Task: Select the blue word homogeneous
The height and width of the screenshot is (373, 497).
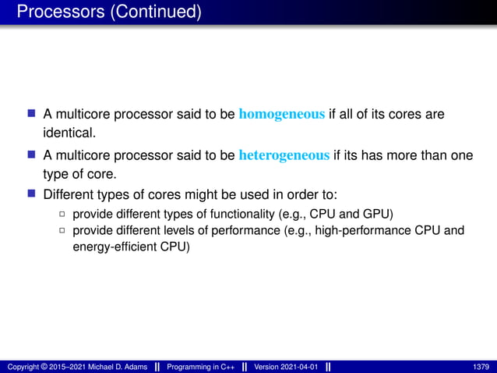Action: (282, 115)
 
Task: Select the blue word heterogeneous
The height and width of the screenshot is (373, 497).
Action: (284, 155)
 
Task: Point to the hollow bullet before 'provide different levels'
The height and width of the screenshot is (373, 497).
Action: (62, 231)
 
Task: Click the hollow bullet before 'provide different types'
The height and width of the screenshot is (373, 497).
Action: (62, 214)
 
